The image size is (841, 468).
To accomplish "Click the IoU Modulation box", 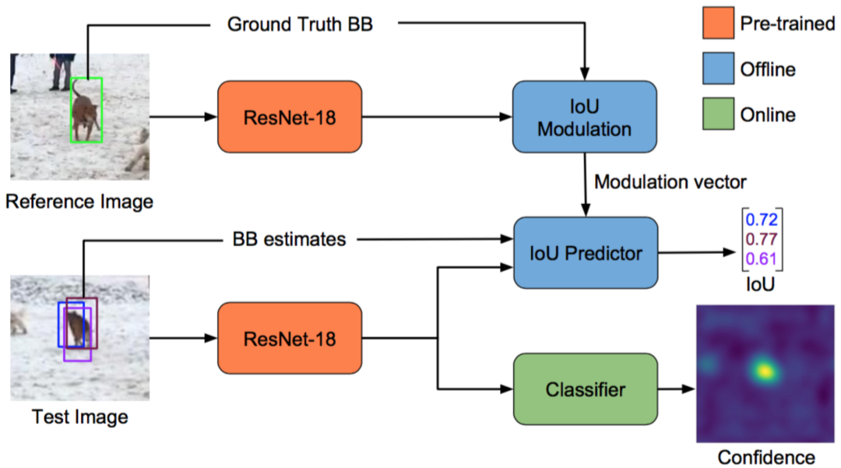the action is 585,117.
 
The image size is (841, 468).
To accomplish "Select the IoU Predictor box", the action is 586,253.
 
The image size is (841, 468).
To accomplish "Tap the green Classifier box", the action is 586,389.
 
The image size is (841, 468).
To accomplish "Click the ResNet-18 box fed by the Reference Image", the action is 290,117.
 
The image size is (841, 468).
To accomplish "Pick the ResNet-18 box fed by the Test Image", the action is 290,338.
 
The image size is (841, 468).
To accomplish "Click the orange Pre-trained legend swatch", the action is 718,23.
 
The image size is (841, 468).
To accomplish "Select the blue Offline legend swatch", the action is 718,68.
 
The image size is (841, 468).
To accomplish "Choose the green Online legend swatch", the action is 718,114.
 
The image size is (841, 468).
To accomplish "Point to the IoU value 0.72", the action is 762,220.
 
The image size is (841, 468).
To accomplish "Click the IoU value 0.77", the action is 762,239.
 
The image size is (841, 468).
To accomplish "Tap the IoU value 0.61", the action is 762,259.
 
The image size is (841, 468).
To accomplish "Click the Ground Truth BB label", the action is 300,24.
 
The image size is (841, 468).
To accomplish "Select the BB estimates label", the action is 289,239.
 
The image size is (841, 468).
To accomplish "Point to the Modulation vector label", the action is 670,182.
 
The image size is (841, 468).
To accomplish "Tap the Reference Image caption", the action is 79,202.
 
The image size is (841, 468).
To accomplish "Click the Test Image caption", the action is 80,417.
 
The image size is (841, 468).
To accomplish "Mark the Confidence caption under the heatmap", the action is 766,457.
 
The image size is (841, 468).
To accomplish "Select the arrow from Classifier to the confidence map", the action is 677,389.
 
